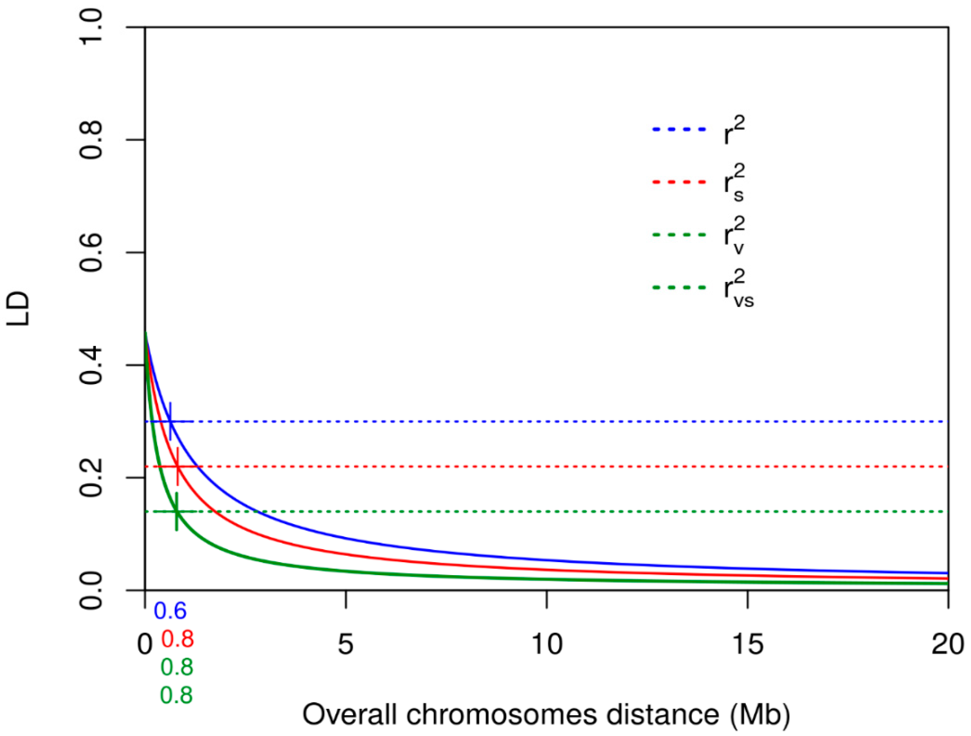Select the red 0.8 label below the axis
click(177, 639)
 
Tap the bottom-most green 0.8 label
click(176, 695)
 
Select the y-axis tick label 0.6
click(91, 252)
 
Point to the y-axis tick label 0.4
click(91, 365)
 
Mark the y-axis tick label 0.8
click(91, 139)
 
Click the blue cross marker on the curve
click(170, 421)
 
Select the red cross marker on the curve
click(177, 466)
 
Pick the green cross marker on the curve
click(176, 512)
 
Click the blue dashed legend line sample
click(679, 129)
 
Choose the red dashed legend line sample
click(679, 182)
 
